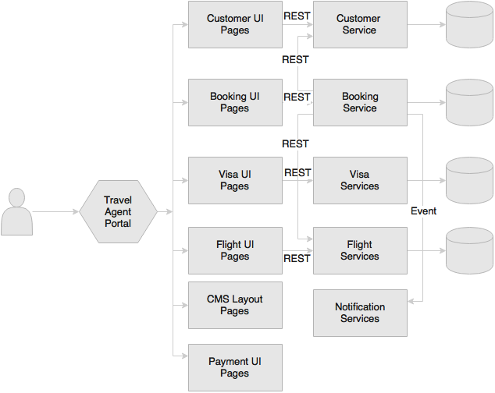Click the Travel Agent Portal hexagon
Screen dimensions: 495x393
pos(118,211)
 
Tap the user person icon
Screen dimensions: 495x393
pos(16,211)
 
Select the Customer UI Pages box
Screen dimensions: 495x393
pos(235,25)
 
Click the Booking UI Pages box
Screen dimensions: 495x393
pos(235,102)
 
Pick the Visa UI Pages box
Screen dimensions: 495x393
pos(235,180)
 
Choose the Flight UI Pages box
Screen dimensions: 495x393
pos(235,251)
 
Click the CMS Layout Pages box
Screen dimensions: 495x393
pos(235,306)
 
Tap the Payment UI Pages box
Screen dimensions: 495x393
pos(235,368)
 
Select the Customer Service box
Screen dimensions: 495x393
pos(360,25)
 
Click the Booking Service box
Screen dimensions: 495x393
pos(360,102)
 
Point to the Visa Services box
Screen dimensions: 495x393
pos(360,180)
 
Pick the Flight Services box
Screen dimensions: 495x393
pos(360,251)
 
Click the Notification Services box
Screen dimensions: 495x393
pos(360,313)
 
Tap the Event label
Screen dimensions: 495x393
pos(423,211)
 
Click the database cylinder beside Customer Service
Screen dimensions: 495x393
pos(469,25)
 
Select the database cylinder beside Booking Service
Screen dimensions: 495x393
pos(469,102)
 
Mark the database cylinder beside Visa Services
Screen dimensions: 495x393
pos(469,180)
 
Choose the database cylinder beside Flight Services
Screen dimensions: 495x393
pos(469,251)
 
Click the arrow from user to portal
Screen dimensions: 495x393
pos(55,211)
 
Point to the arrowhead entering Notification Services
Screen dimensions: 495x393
pos(411,302)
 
